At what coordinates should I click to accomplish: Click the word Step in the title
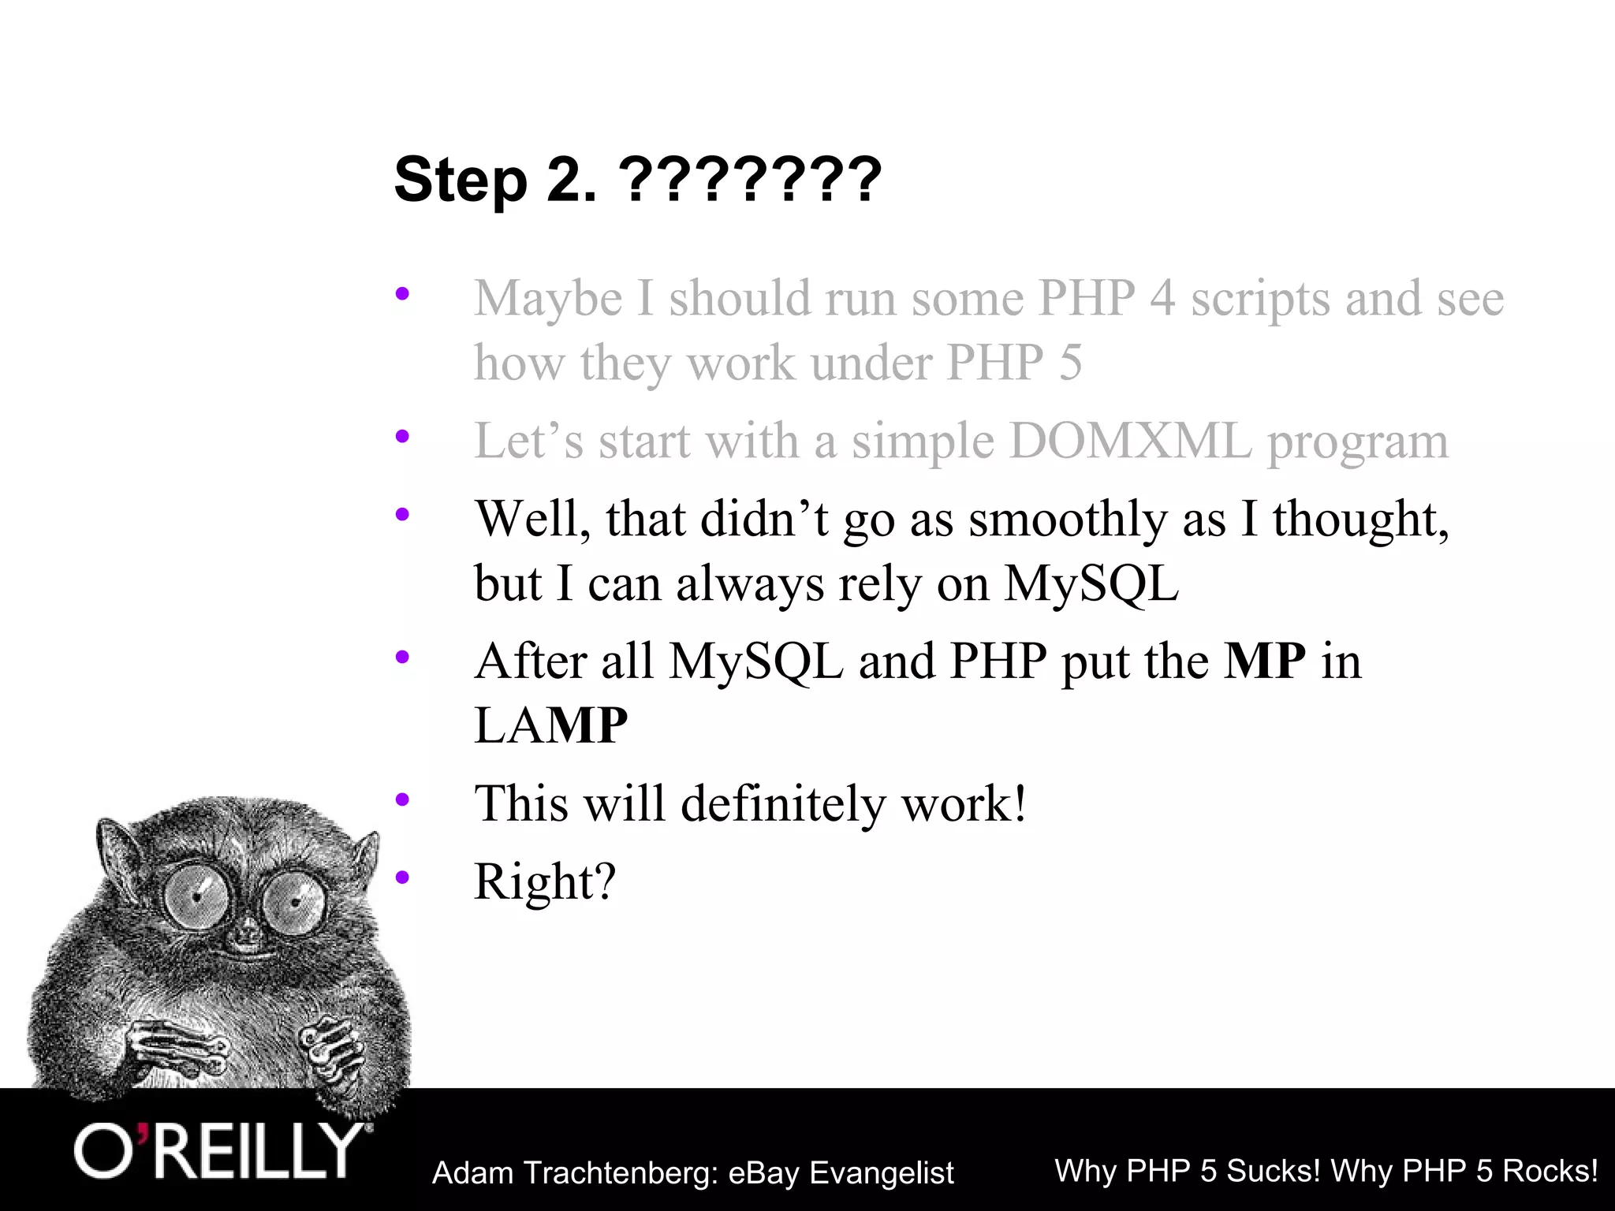(460, 181)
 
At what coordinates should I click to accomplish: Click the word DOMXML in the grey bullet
(1130, 442)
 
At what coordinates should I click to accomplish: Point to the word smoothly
(1068, 520)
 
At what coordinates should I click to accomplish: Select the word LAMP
(550, 725)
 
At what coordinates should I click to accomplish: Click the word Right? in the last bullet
(544, 881)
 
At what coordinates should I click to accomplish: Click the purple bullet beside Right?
(403, 877)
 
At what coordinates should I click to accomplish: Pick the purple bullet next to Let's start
(403, 435)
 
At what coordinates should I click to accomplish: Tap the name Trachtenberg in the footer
(618, 1173)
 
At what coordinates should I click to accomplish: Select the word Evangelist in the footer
(882, 1173)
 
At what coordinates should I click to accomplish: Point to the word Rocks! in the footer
(1550, 1171)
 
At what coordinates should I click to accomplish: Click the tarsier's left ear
(118, 855)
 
